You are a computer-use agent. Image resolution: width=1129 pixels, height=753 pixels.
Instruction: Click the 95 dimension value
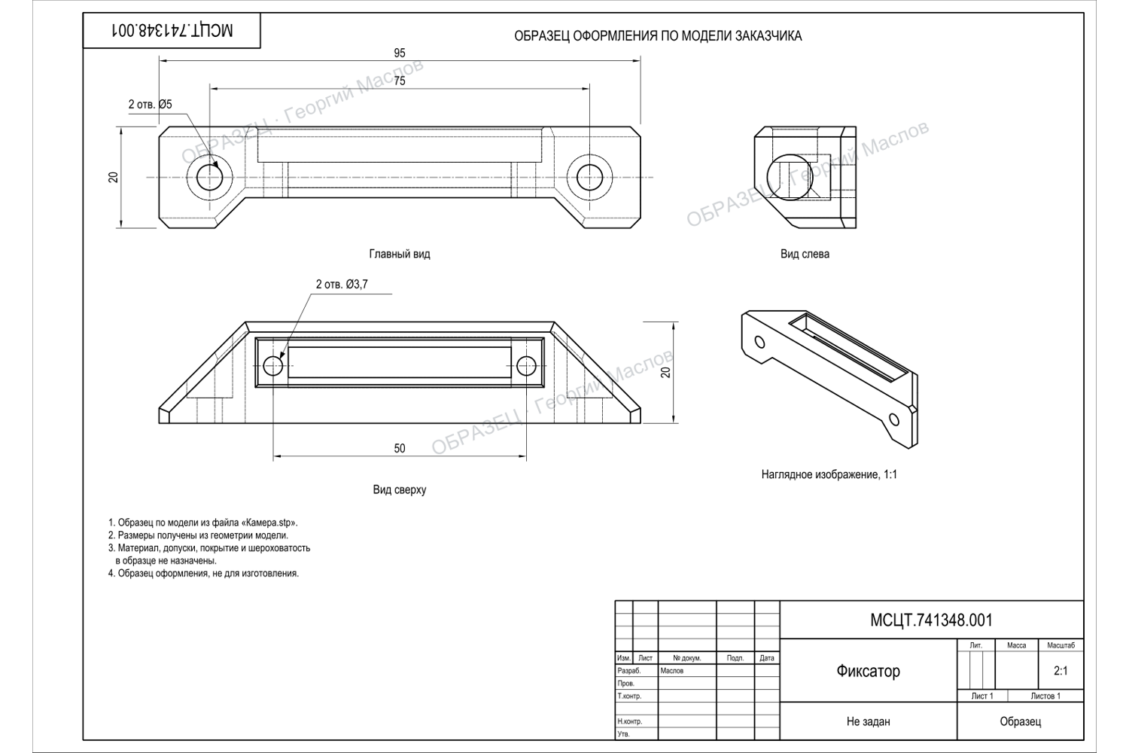tap(399, 53)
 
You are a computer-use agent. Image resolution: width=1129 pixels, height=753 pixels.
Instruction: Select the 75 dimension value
tap(399, 81)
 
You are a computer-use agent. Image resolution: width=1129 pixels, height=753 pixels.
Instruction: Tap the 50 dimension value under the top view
tap(399, 448)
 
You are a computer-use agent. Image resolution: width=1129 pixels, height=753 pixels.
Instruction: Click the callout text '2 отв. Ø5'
tap(151, 105)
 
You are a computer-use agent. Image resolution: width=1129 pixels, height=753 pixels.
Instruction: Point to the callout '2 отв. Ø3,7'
tap(342, 285)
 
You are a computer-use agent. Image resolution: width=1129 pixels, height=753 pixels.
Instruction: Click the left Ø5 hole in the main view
tap(210, 178)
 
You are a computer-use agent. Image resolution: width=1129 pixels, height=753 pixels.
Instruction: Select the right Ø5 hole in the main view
tap(589, 178)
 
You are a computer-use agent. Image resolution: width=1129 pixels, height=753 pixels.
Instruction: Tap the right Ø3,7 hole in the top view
tap(527, 366)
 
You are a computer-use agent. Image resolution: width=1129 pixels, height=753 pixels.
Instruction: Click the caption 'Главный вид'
tap(400, 254)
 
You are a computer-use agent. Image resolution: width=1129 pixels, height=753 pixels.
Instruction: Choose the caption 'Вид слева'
tap(805, 254)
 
